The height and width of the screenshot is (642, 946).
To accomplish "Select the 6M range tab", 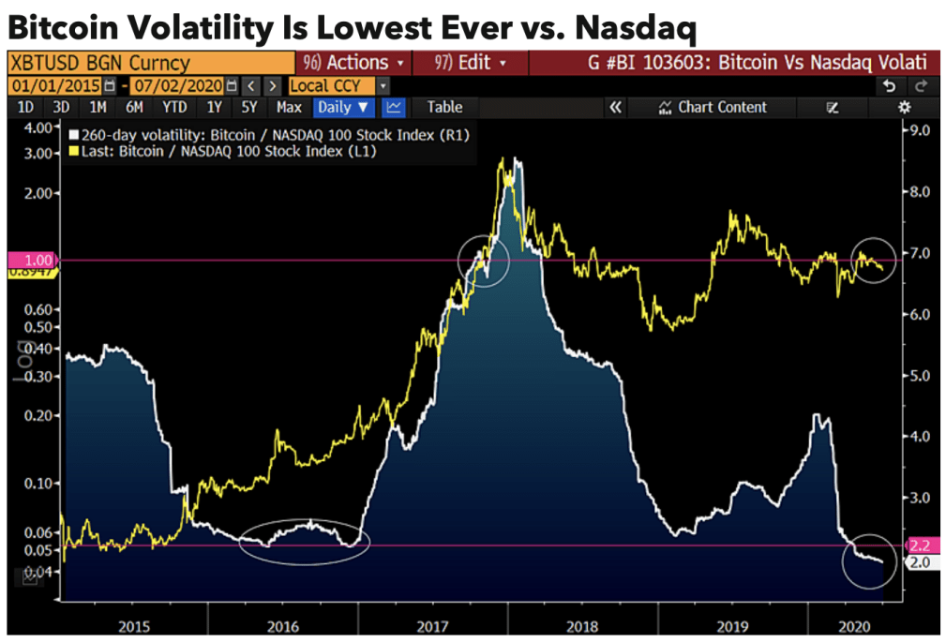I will tap(134, 108).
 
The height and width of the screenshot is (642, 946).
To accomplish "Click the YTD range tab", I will tap(173, 108).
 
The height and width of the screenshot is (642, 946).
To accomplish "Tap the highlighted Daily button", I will tap(345, 108).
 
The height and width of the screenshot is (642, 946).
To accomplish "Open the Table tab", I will tap(444, 108).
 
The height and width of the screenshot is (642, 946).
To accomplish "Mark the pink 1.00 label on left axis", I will tap(30, 260).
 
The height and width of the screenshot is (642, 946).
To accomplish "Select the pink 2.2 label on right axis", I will tap(918, 545).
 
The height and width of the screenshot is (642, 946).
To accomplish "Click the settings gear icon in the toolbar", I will tap(905, 108).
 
